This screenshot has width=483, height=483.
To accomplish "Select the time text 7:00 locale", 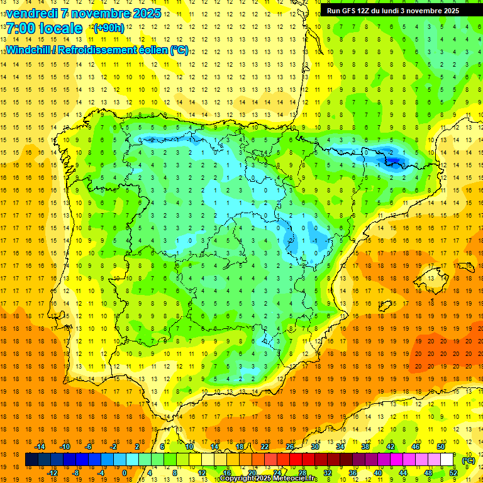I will pos(44,28).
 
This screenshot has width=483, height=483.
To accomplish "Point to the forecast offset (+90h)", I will pos(109,28).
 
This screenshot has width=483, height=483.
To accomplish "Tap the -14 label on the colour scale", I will pos(40,446).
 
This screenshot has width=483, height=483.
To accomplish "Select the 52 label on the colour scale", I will pos(453,473).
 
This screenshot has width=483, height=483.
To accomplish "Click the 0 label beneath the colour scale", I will pos(125,473).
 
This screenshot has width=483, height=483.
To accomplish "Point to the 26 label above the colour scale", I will pos(290,446).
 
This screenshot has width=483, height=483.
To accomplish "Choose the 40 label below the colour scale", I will pos(378,473).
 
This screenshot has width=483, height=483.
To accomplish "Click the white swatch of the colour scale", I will pos(447,460).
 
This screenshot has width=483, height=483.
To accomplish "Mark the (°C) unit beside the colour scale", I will pos(468,460).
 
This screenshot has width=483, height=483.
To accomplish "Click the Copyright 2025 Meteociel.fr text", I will pos(268,479).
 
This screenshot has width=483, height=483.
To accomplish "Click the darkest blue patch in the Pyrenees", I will pos(394,162).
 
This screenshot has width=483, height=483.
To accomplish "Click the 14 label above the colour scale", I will pos(214,446).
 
